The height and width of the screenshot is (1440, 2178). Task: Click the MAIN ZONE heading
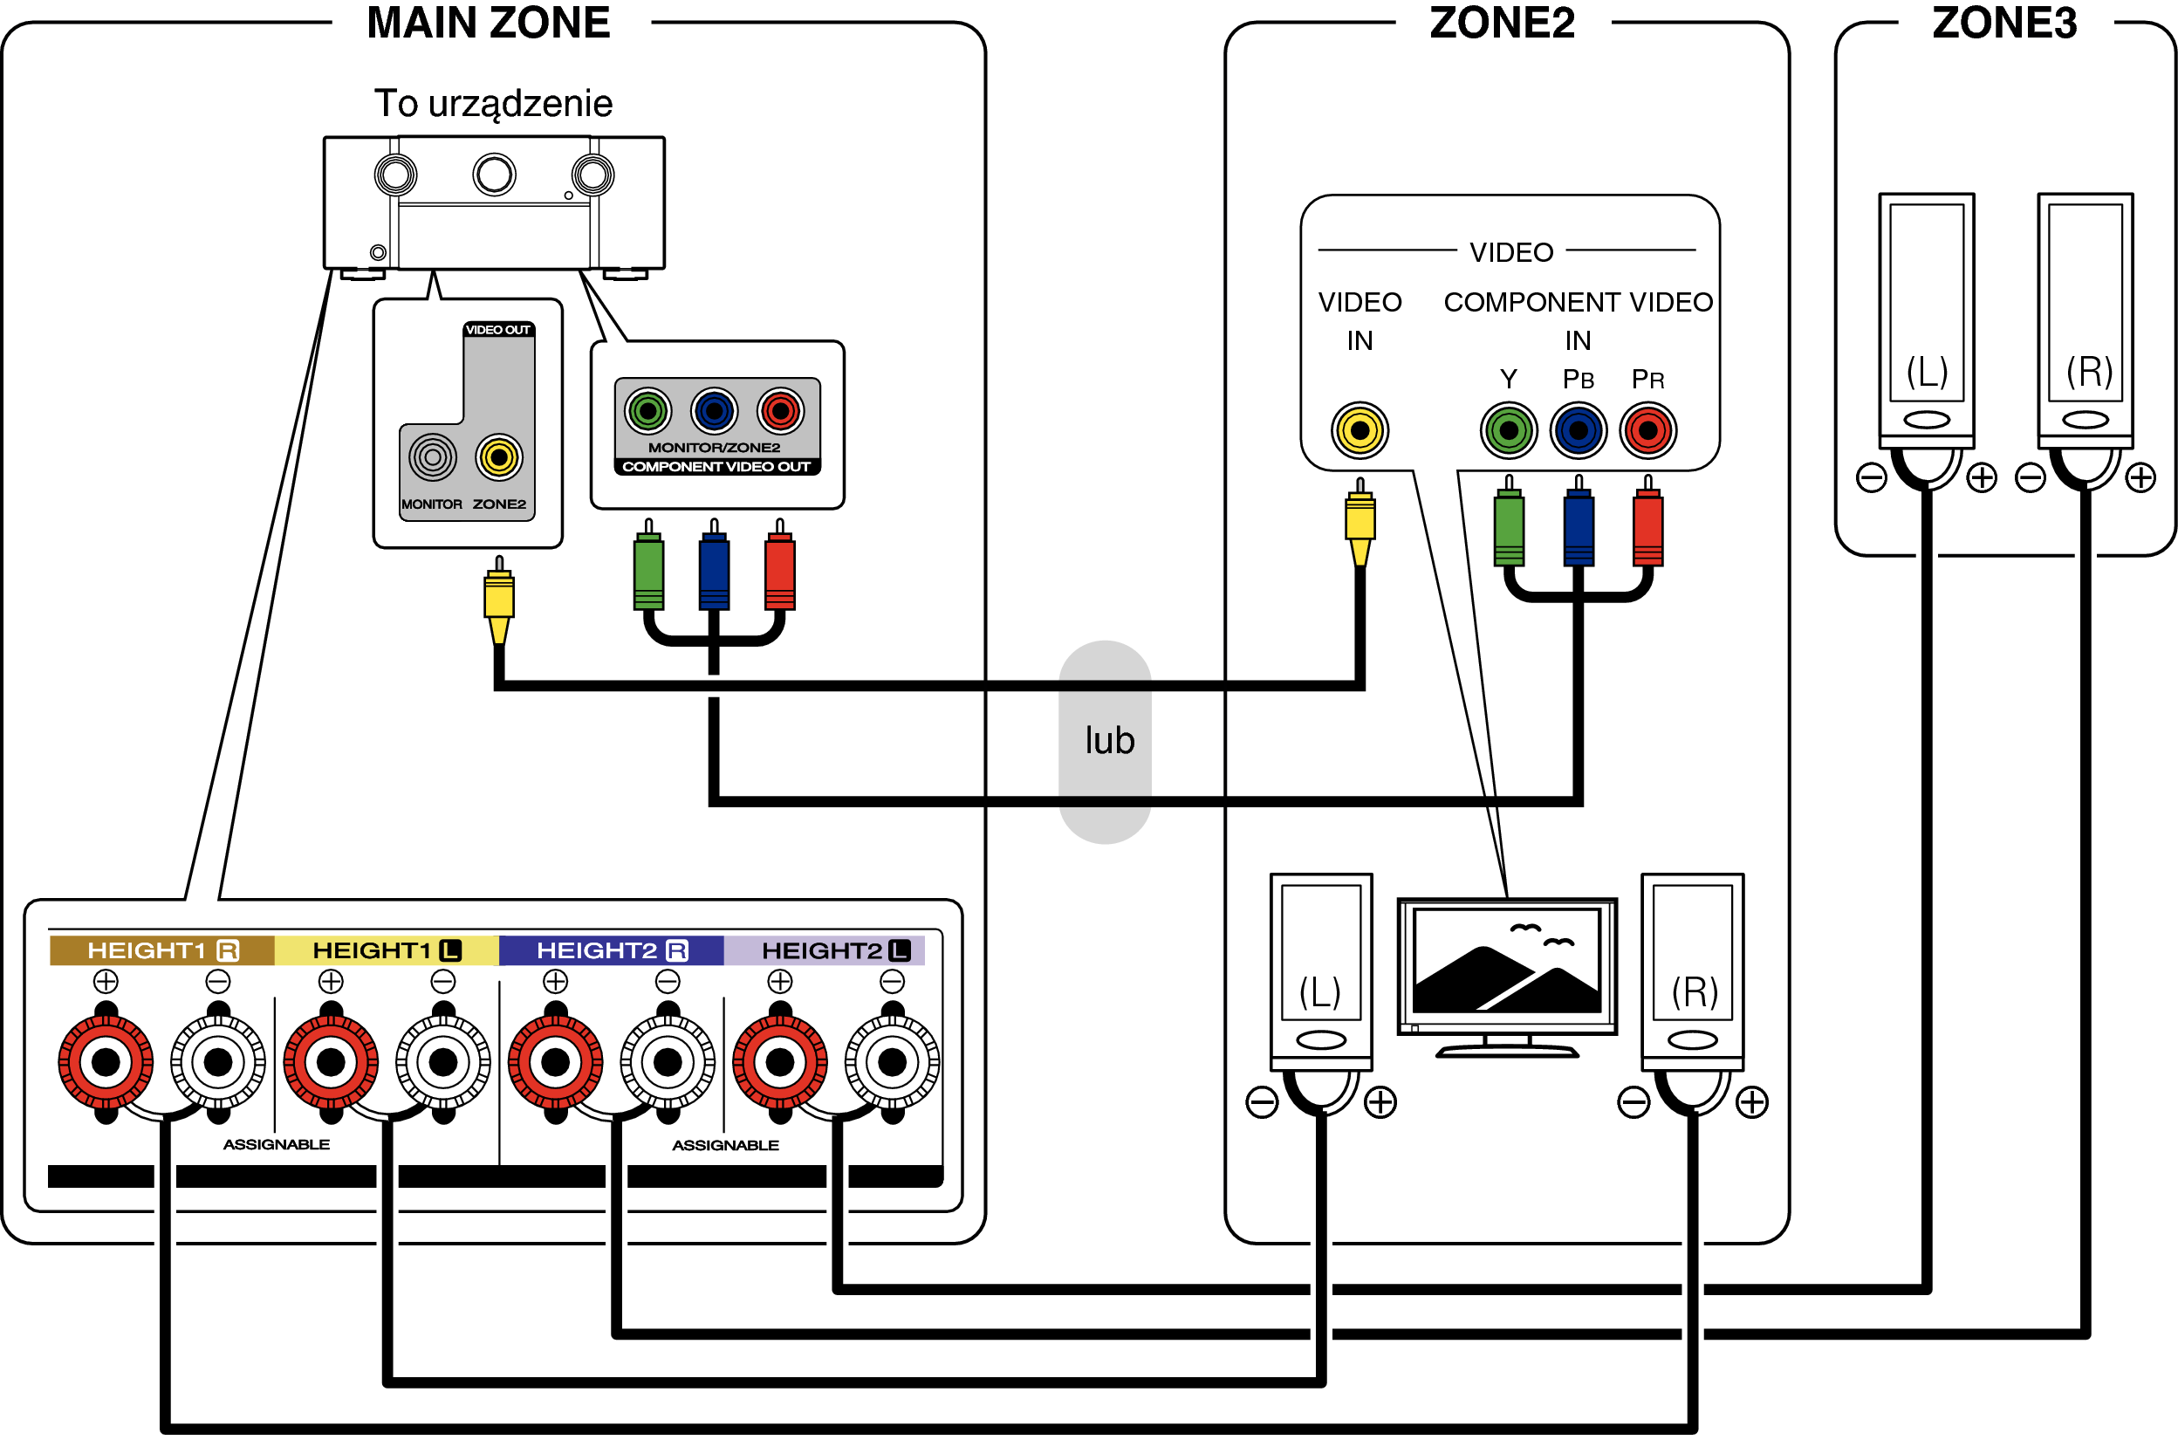(x=489, y=23)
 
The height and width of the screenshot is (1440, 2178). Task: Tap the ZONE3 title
(x=2003, y=23)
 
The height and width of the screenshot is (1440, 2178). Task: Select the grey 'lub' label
(x=1109, y=740)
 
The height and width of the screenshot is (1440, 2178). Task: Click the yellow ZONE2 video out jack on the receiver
(x=498, y=456)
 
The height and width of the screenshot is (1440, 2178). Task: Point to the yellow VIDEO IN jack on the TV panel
(x=1359, y=429)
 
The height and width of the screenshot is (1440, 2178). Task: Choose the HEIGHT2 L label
(x=835, y=950)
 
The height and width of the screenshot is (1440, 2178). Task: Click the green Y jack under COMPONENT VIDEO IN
(x=1508, y=429)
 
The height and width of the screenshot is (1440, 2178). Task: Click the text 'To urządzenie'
(x=493, y=103)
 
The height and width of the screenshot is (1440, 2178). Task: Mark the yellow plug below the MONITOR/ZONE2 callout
(x=498, y=597)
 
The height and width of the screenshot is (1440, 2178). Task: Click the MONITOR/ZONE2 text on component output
(x=714, y=447)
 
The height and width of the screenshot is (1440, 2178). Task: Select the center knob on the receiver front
(x=494, y=175)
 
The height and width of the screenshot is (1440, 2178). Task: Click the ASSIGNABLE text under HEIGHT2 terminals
(x=724, y=1145)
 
